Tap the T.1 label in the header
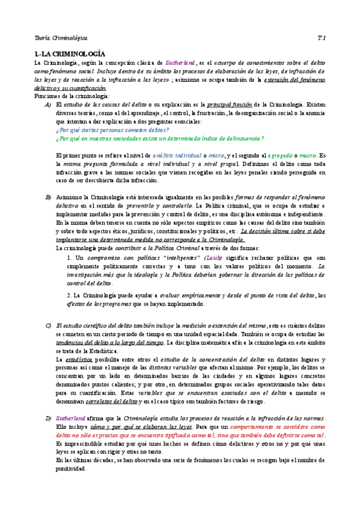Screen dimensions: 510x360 point(321,37)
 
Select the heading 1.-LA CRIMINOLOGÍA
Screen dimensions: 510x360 point(70,54)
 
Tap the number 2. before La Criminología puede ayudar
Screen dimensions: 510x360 point(70,295)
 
